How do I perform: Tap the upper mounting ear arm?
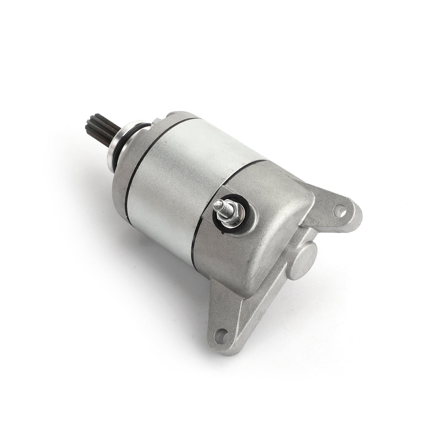click(332, 212)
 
